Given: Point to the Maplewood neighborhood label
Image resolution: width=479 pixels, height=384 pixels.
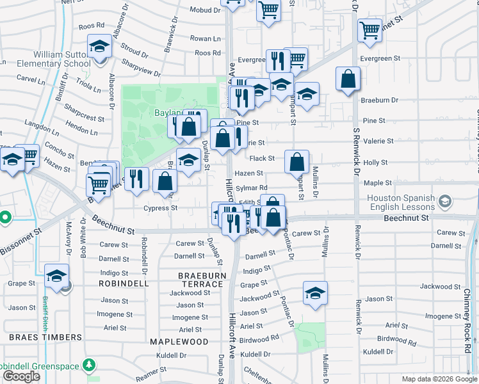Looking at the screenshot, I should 179,342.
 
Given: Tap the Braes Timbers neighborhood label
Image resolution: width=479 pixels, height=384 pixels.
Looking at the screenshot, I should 45,337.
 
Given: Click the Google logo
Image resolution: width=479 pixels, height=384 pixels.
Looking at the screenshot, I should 21,376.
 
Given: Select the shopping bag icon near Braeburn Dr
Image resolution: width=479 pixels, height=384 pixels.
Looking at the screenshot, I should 348,79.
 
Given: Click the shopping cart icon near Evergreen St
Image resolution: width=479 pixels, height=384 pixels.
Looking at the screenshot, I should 369,29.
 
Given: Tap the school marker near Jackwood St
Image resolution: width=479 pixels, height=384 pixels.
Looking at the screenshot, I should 314,293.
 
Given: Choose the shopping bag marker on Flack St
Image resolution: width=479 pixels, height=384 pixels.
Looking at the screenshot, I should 297,163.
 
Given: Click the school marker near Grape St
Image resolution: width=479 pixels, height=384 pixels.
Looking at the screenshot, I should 57,276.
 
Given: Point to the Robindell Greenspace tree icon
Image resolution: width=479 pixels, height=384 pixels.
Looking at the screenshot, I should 90,365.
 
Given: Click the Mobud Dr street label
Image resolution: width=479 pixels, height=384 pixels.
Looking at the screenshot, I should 205,10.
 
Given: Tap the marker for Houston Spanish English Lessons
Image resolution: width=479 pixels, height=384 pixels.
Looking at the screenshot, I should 446,203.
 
